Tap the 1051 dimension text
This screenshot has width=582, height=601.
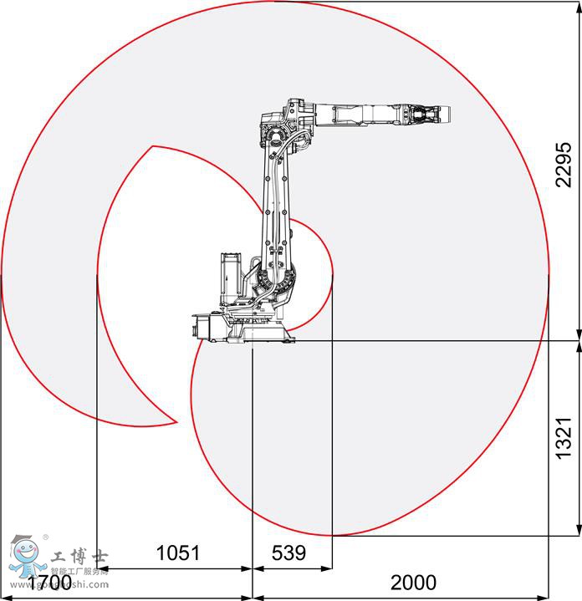179,553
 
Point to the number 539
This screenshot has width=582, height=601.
289,553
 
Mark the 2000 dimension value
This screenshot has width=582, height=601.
413,582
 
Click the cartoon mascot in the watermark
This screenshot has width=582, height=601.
24,557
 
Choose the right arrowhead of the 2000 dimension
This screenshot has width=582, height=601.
544,597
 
